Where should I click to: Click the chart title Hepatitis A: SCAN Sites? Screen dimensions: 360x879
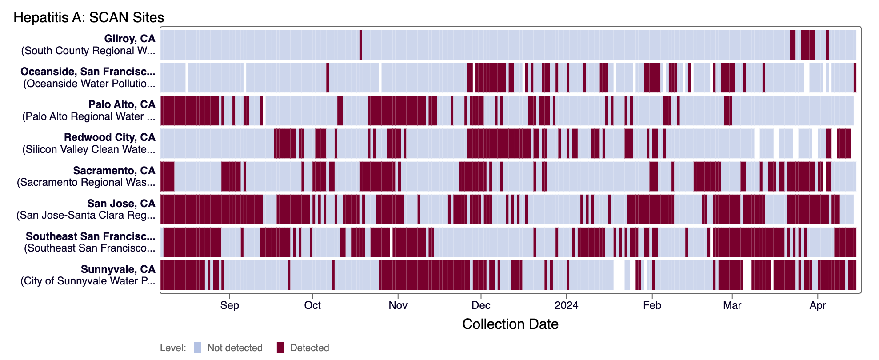point(89,17)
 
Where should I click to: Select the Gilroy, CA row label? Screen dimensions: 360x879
point(129,39)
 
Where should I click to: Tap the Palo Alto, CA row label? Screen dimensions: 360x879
point(122,104)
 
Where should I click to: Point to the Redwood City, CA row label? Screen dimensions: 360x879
point(109,137)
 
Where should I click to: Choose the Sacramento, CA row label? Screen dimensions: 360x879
point(114,171)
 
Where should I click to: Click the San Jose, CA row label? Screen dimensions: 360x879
point(121,204)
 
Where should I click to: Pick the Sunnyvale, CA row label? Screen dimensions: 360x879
point(118,269)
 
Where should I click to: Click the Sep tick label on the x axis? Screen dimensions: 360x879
point(229,305)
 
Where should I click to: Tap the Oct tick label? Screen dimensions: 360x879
point(312,305)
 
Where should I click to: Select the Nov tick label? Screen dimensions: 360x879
point(398,305)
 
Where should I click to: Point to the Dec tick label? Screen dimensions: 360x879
point(481,305)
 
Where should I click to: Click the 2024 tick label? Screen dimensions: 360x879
point(567,305)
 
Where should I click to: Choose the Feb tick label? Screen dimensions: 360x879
point(652,305)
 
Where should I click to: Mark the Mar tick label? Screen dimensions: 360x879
point(732,305)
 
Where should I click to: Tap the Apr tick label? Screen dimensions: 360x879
point(818,305)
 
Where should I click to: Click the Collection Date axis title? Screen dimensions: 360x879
point(510,324)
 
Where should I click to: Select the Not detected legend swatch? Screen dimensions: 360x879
point(197,348)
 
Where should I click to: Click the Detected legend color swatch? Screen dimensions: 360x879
point(280,348)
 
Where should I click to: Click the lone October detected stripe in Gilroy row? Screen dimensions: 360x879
point(361,44)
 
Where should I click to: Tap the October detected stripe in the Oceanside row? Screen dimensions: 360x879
point(328,77)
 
